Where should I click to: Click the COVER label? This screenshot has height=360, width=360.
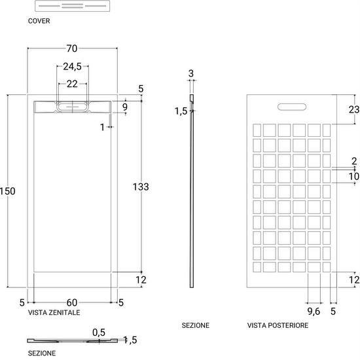[x=39, y=21]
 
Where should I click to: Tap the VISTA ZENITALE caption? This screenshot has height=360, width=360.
[x=54, y=312]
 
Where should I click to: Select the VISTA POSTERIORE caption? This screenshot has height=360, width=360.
[x=278, y=325]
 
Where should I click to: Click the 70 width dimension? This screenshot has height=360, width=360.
[x=72, y=48]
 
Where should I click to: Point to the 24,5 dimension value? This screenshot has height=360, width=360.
[x=72, y=67]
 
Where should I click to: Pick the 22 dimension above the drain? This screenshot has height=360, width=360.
[x=72, y=84]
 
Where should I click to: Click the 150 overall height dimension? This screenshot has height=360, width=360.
[x=8, y=191]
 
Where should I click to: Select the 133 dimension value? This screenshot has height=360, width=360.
[x=141, y=187]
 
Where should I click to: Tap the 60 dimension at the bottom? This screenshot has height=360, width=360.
[x=72, y=302]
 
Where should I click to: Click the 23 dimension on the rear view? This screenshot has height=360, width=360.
[x=354, y=109]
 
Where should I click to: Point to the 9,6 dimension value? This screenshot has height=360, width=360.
[x=314, y=312]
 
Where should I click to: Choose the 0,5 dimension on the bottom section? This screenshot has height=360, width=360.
[x=99, y=333]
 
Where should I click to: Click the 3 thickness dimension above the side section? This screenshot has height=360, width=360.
[x=191, y=74]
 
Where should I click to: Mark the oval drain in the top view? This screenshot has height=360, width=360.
[x=72, y=107]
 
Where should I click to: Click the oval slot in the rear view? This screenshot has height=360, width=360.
[x=292, y=107]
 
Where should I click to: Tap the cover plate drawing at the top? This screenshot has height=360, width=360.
[x=72, y=6]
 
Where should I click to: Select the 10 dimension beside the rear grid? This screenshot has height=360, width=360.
[x=354, y=176]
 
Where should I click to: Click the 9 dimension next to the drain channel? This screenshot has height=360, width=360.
[x=125, y=107]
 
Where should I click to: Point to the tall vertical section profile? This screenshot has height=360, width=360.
[x=192, y=191]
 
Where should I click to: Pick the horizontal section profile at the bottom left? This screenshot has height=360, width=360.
[x=72, y=341]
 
